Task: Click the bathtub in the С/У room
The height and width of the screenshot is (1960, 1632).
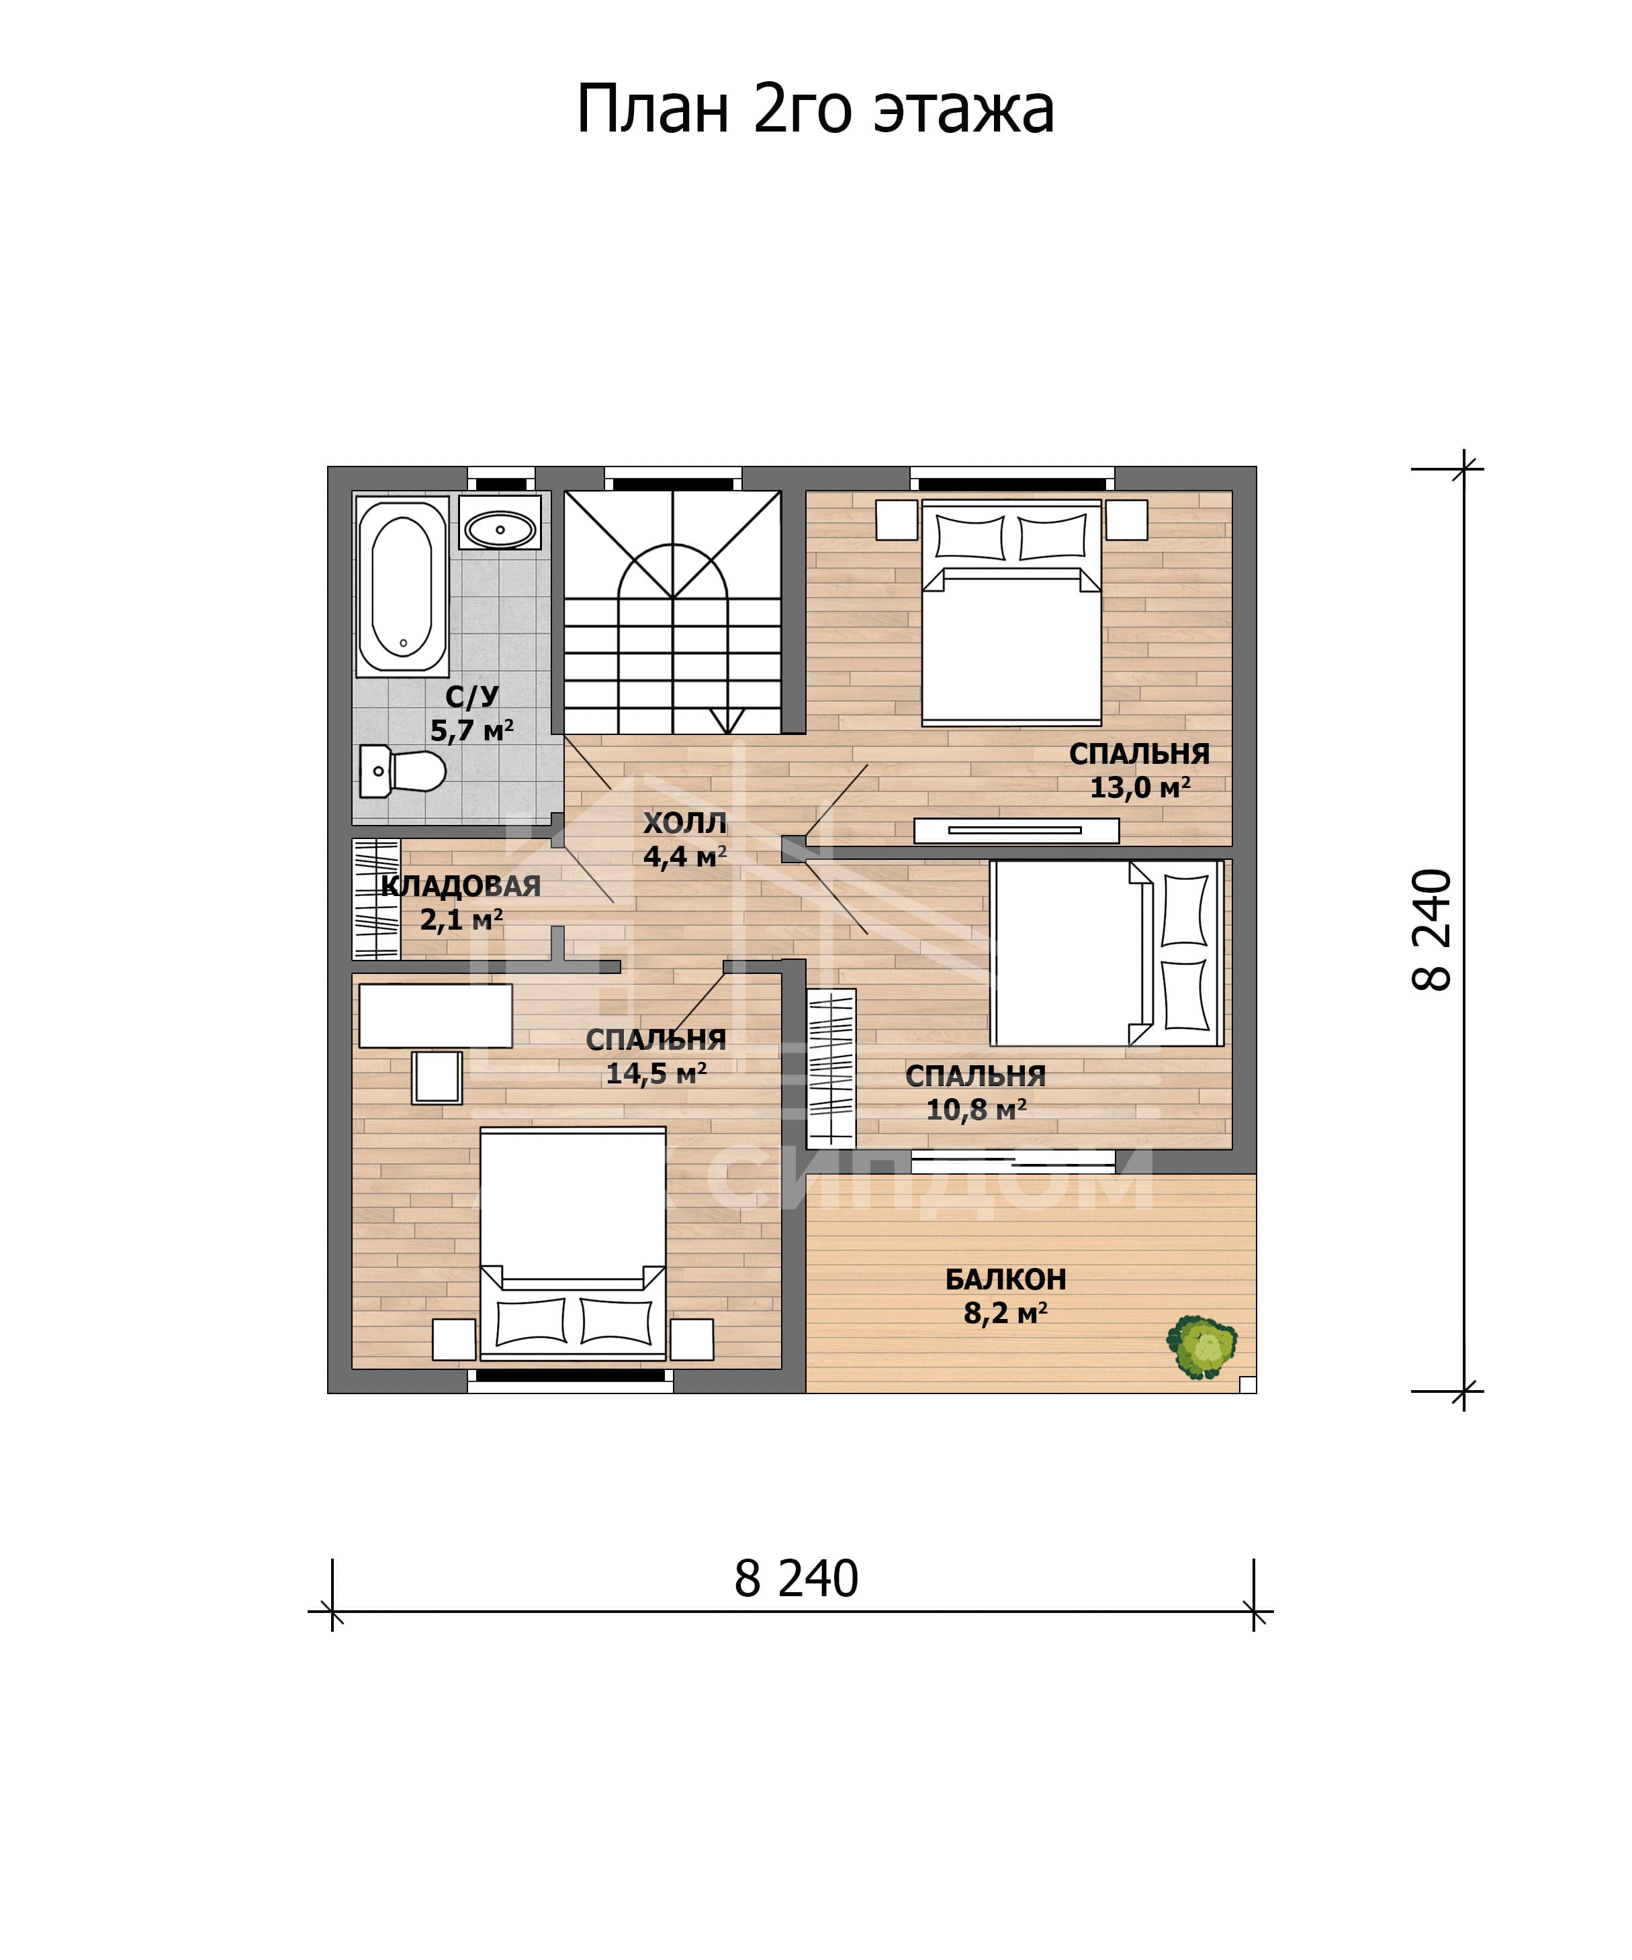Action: [402, 585]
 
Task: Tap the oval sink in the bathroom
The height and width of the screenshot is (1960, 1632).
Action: [500, 529]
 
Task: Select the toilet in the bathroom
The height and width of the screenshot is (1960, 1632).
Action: [402, 771]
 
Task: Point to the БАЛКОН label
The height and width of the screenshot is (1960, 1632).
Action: [1005, 1279]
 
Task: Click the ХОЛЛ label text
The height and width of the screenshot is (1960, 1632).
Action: [684, 823]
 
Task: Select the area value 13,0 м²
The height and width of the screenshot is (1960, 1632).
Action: [1140, 787]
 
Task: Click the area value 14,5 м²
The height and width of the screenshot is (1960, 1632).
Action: [656, 1073]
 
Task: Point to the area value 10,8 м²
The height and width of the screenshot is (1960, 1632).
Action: [976, 1109]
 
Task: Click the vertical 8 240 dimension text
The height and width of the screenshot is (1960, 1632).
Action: [1433, 930]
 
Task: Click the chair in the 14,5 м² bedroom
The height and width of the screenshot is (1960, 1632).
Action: [437, 1077]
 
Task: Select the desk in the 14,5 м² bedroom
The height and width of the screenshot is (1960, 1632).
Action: [435, 1016]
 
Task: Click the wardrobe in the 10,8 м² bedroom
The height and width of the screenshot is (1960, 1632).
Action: [831, 1069]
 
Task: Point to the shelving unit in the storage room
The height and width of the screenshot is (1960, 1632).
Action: [376, 899]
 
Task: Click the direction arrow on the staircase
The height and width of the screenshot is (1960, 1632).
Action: [727, 720]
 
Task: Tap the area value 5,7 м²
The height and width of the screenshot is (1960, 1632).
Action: [471, 730]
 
